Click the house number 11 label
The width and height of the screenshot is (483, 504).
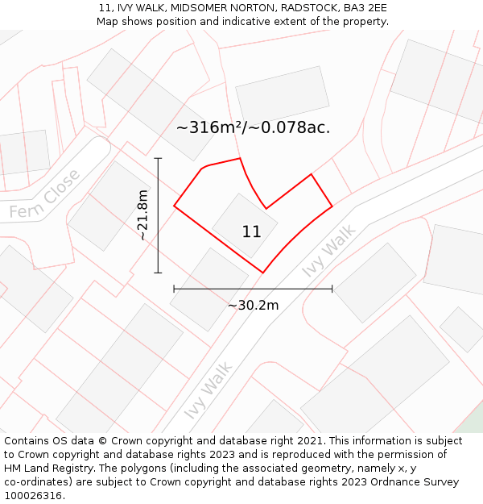tap(251, 232)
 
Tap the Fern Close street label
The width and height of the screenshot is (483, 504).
tap(45, 194)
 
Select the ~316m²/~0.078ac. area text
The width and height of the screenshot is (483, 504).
tap(253, 127)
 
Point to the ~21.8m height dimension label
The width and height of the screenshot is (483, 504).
tap(142, 215)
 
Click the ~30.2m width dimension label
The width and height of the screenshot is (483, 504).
tap(253, 305)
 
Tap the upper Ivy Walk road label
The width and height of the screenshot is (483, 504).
tap(328, 252)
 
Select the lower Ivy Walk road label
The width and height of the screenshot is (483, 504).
tap(208, 390)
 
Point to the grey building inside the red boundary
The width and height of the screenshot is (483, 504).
tap(245, 225)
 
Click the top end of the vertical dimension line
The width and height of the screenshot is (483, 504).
tap(158, 158)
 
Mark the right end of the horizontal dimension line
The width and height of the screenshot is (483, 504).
tap(332, 288)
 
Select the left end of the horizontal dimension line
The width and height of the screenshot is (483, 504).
tap(174, 288)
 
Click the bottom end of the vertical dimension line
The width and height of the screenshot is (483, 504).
tap(158, 273)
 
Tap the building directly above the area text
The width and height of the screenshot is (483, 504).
tap(283, 94)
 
